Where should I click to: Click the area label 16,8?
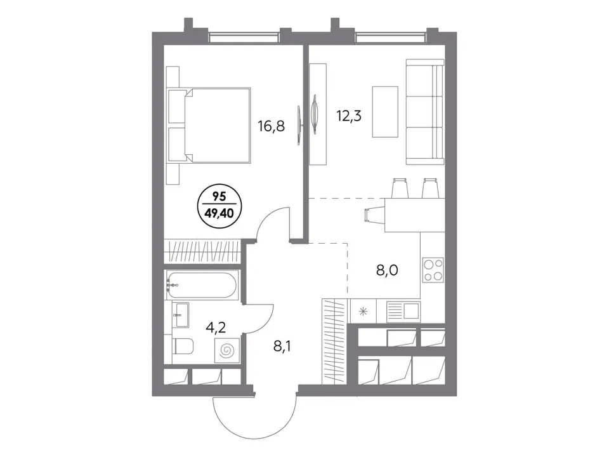click(271, 126)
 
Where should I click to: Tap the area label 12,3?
click(349, 116)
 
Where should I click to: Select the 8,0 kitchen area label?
click(387, 270)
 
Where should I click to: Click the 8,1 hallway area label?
click(282, 345)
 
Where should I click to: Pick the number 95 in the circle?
click(219, 197)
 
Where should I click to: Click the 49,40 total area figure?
click(219, 213)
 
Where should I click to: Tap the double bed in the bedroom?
click(209, 125)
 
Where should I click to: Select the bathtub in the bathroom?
click(201, 285)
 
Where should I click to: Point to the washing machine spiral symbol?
click(227, 350)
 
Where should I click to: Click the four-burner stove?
click(433, 270)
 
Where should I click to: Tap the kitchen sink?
click(403, 311)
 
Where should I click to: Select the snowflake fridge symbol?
click(363, 311)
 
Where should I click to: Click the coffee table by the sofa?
click(385, 112)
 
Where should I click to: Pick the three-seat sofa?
click(425, 112)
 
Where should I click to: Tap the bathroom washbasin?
click(181, 315)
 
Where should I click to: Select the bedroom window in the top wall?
click(244, 37)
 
